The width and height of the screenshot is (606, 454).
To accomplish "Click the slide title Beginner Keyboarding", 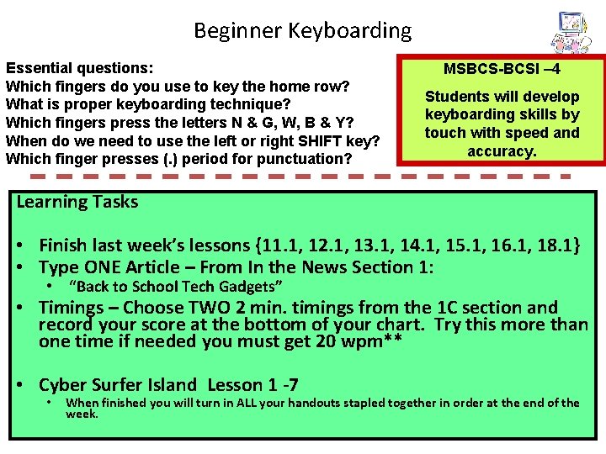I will pyautogui.click(x=302, y=31).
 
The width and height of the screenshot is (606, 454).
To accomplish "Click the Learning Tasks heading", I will pyautogui.click(x=77, y=202).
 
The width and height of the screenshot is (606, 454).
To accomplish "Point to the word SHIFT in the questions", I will pyautogui.click(x=312, y=140).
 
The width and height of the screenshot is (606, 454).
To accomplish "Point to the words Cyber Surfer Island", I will pyautogui.click(x=118, y=385).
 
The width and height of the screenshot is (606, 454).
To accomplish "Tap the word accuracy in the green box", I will pyautogui.click(x=502, y=150).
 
